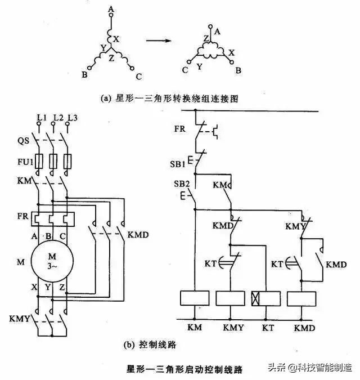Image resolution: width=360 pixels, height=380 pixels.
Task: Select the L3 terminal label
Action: tap(71, 117)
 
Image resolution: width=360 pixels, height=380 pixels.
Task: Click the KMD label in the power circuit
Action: tap(138, 234)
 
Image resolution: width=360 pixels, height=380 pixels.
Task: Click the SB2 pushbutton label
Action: tap(179, 185)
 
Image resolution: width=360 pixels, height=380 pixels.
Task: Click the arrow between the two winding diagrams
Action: tap(160, 41)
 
